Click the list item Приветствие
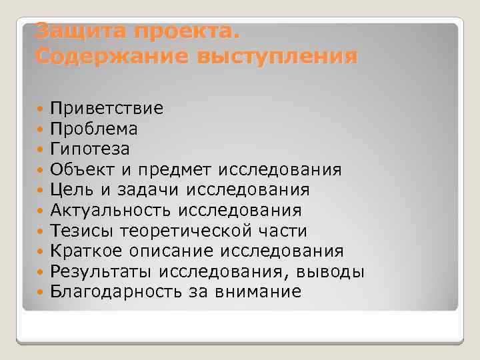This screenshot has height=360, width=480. tap(107, 108)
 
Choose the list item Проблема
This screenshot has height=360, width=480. tap(94, 128)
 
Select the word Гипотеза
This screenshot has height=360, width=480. tap(90, 149)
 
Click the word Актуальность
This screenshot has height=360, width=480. tap(110, 211)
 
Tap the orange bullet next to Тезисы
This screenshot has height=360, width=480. tap(41, 231)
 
